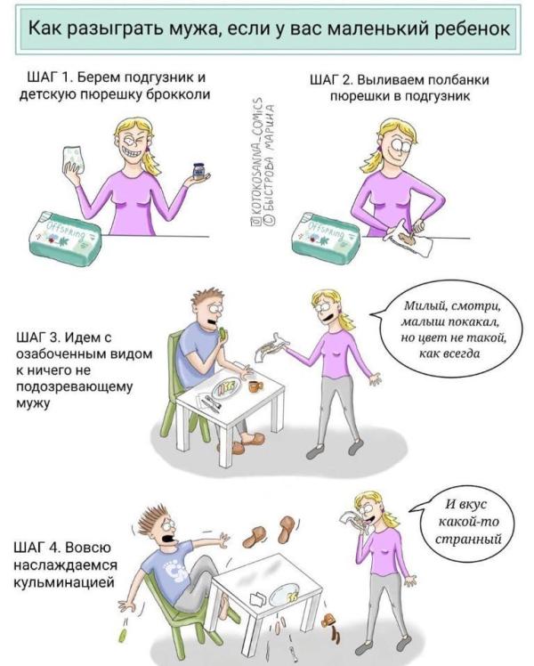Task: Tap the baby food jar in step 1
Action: coord(198,171)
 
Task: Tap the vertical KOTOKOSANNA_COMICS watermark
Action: coord(257,161)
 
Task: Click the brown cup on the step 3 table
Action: coord(255,386)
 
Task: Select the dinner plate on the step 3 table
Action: coord(227,387)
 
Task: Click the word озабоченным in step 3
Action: coord(84,353)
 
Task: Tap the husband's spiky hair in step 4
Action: coord(154,516)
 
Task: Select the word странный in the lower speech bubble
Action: coord(469,539)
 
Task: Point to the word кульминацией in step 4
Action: coord(64,582)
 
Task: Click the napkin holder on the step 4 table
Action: coord(258,599)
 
